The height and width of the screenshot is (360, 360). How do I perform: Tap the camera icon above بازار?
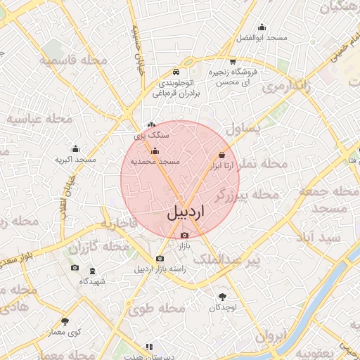point(185,236)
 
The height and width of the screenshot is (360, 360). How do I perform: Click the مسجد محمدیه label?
point(161,162)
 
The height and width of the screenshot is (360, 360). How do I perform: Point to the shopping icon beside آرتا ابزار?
point(222,155)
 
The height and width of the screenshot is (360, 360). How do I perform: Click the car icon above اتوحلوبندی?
point(177,72)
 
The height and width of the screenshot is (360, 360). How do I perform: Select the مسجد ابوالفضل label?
point(262,37)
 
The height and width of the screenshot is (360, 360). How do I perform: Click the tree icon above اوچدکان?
point(224,297)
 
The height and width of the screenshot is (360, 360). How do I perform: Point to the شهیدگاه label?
point(92,281)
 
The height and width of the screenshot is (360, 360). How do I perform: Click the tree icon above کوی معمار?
point(65,321)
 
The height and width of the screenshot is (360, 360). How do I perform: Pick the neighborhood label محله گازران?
point(98,247)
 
